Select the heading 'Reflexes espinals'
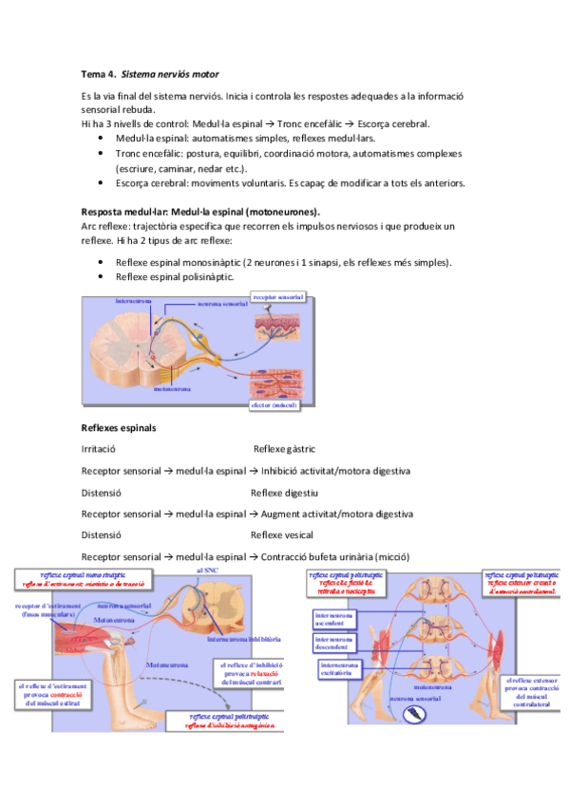120,427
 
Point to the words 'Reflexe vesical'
282,535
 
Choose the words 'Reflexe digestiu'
284,493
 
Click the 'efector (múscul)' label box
274,405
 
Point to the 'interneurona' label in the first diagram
134,302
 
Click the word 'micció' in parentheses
367,557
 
